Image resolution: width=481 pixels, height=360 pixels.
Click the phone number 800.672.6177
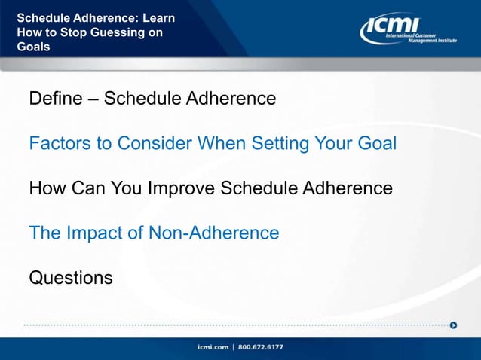[x=262, y=347]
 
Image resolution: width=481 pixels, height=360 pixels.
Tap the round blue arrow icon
[x=453, y=325]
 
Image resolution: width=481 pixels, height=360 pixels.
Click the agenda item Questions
[x=71, y=278]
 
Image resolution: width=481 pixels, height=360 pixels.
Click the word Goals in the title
[x=33, y=47]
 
